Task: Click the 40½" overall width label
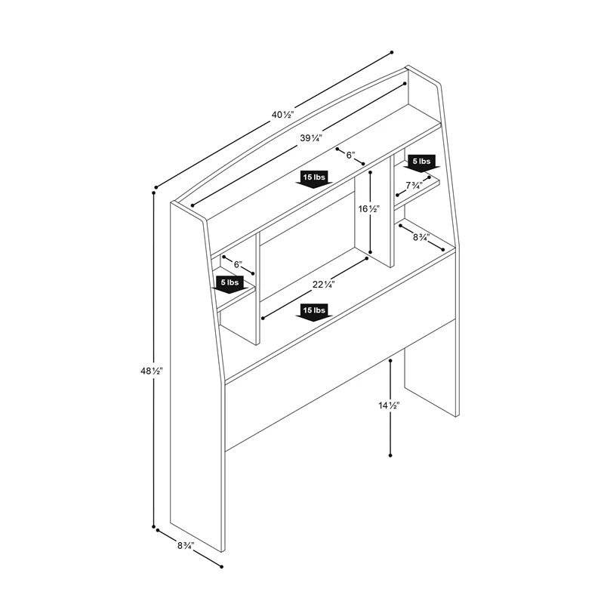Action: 282,115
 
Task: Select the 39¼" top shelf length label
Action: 311,137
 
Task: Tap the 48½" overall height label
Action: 152,371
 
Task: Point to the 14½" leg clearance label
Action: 389,405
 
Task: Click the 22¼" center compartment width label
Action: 324,285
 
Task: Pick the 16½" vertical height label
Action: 369,209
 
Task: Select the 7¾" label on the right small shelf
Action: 414,186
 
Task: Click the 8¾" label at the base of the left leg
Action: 186,545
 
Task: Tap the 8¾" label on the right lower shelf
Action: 421,237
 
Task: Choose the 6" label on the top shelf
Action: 350,155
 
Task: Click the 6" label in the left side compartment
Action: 238,265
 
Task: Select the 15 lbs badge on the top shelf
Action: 314,179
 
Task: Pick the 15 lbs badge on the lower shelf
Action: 314,312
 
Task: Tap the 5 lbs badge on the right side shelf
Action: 422,163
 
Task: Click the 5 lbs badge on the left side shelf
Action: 230,285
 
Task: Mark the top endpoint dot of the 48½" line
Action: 154,193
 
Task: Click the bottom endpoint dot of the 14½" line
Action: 390,455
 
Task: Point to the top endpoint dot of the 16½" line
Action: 370,172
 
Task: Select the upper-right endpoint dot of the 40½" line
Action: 392,52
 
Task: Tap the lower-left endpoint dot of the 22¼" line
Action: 263,318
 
